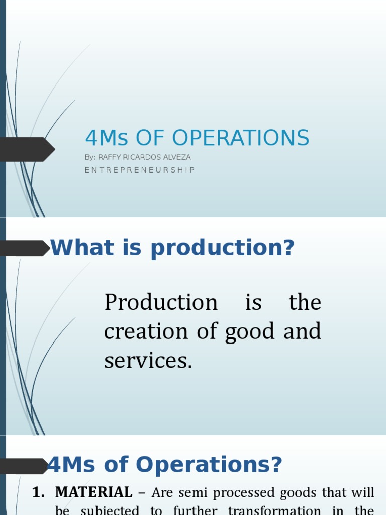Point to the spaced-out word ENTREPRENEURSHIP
[140, 170]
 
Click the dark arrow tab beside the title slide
[27, 149]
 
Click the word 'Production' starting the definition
[161, 303]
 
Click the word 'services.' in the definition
[148, 361]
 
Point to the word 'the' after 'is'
[305, 303]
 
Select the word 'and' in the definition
[302, 332]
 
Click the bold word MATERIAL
[94, 492]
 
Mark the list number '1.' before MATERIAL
[39, 492]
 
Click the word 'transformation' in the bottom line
[271, 510]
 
